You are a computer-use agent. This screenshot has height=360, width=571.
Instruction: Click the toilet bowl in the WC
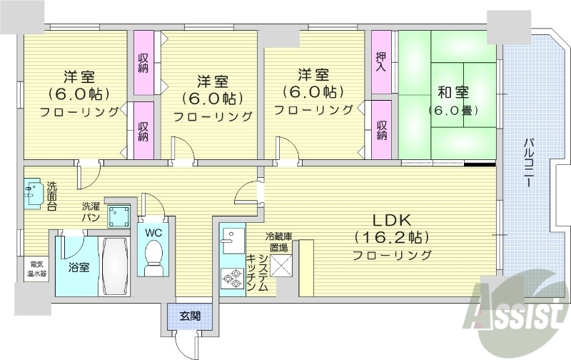point(153,257)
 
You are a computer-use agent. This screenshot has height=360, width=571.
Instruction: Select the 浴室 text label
point(79,268)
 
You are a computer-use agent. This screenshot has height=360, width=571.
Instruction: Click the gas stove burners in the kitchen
point(232,277)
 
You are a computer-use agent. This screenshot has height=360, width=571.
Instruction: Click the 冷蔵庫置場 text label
point(278,241)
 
